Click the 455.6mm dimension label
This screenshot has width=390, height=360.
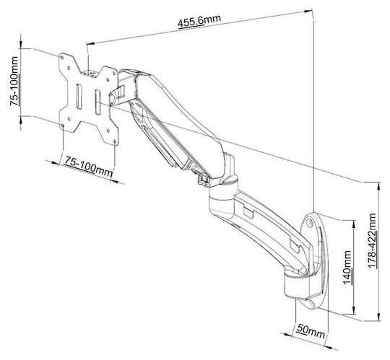[199, 21]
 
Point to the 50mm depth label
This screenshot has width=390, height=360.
[311, 331]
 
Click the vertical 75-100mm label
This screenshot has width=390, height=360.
[14, 82]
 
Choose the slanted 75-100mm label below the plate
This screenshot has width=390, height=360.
[88, 166]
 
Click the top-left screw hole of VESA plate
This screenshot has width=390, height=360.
[62, 57]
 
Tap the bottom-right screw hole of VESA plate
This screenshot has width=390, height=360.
[115, 141]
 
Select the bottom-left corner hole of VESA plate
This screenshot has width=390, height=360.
[62, 126]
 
